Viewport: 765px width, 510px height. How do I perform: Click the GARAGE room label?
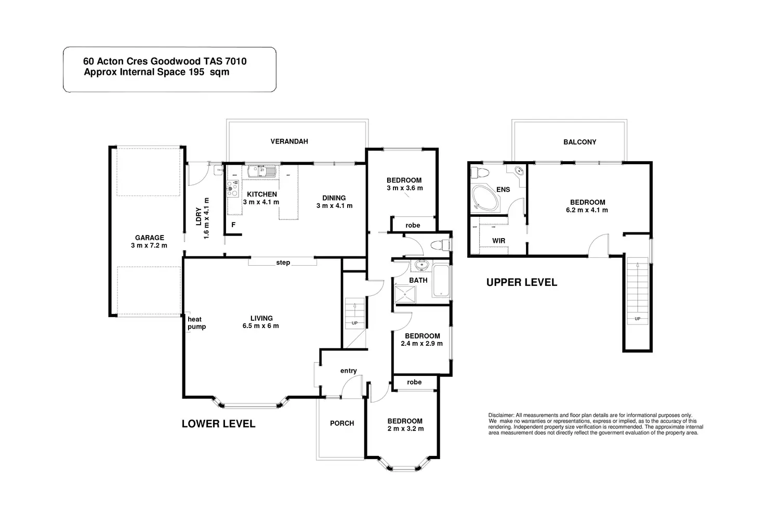coord(150,238)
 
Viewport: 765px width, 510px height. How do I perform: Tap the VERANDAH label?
coord(289,141)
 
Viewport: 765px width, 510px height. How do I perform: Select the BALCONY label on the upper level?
coord(579,142)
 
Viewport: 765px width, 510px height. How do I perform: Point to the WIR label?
coord(498,241)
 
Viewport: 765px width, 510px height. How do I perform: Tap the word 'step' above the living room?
coord(283,263)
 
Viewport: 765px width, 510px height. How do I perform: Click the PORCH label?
coord(342,423)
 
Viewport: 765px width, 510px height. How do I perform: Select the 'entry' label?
coord(349,371)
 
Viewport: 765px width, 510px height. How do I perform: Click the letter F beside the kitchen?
coord(233,225)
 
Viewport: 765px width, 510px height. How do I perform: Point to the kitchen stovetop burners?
coord(232,188)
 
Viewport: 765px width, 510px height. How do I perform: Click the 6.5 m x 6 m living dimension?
coord(261,326)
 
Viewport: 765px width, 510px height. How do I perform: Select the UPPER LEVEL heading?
coord(521,282)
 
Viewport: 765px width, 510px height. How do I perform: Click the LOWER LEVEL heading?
coord(218,424)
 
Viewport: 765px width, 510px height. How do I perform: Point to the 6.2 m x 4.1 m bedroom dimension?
coord(587,210)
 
